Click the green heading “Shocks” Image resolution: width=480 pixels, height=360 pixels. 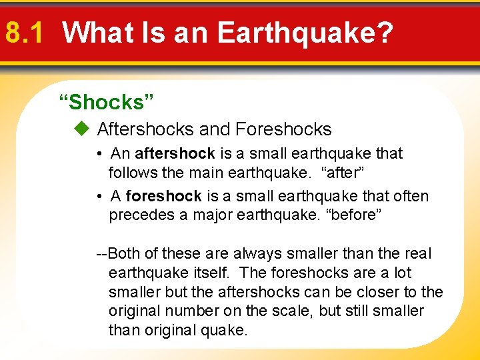[107, 102]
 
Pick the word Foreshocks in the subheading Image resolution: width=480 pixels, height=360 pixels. [283, 129]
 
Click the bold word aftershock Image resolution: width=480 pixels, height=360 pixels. [175, 154]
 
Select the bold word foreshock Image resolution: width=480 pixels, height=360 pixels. [163, 197]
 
